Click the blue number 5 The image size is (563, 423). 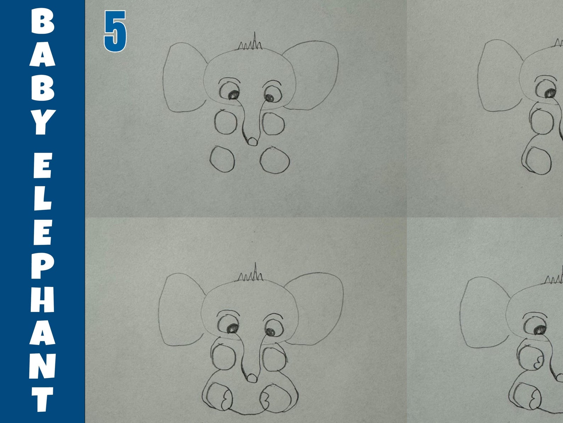[115, 31]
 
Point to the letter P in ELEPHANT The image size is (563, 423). [43, 266]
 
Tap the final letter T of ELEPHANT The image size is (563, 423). [43, 399]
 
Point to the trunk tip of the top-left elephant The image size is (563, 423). [252, 141]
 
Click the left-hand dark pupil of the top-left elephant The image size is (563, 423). [233, 95]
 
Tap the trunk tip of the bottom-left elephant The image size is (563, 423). [252, 378]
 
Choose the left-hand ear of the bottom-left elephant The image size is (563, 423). [181, 309]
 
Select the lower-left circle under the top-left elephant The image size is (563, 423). [222, 159]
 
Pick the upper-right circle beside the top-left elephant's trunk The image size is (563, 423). [273, 123]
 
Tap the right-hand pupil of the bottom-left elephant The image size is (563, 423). [270, 332]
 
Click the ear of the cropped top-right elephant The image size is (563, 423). [498, 76]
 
